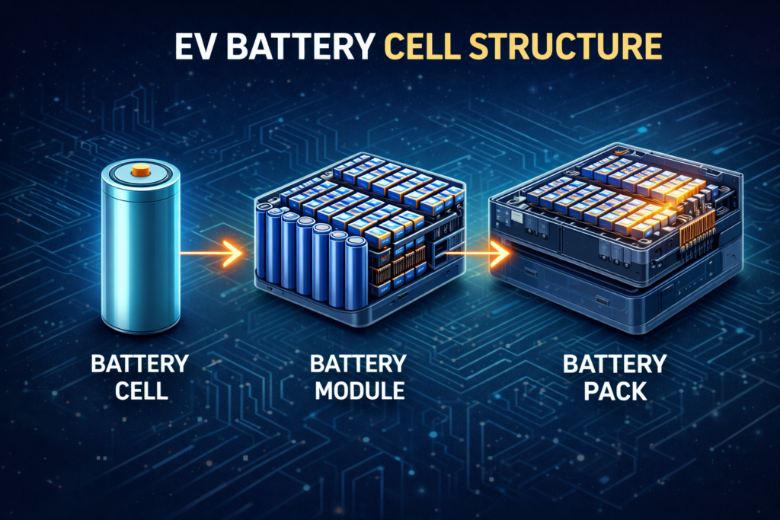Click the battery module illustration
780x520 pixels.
(x=358, y=236)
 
